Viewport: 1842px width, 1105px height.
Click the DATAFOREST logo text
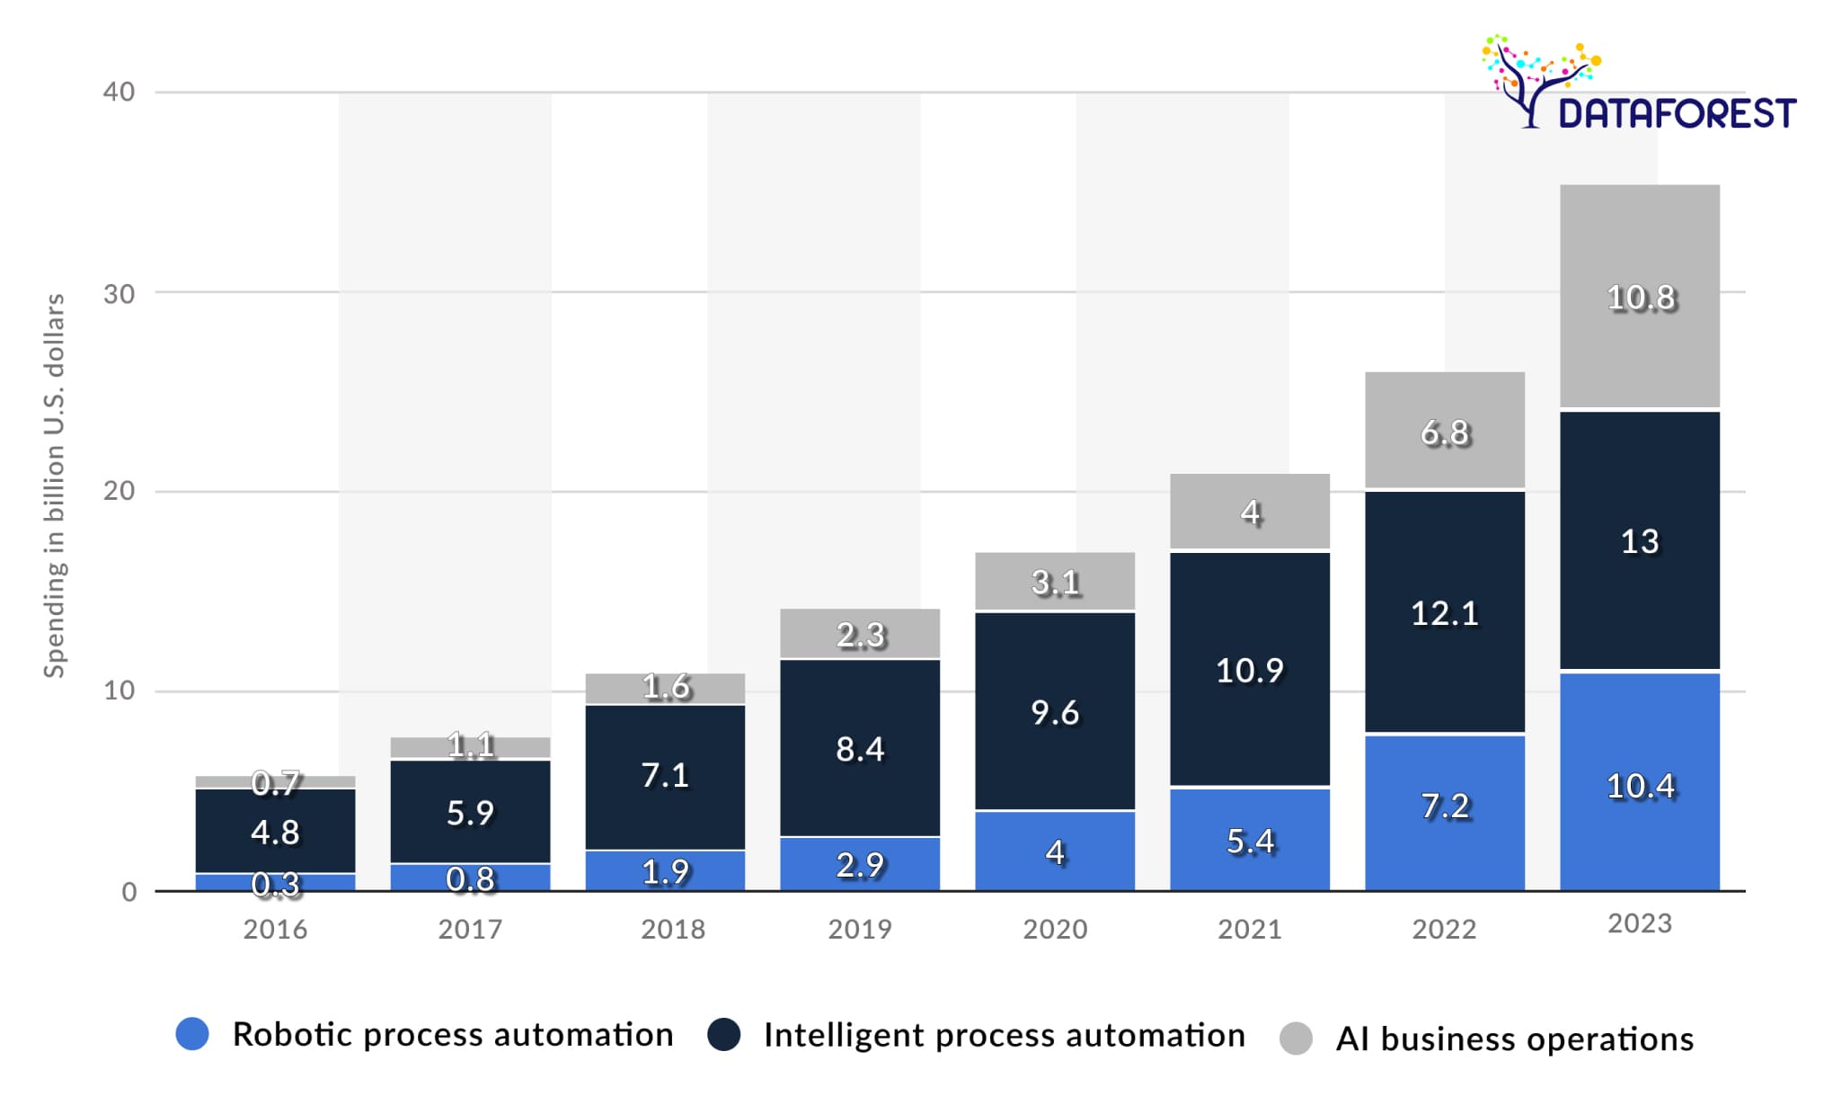pyautogui.click(x=1676, y=114)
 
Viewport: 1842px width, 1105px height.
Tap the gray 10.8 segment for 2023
pyautogui.click(x=1640, y=298)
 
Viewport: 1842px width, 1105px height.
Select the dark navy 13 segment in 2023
pyautogui.click(x=1640, y=541)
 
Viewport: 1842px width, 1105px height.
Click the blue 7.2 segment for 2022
pyautogui.click(x=1445, y=806)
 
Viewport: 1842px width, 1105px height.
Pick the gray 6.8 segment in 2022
pyautogui.click(x=1445, y=432)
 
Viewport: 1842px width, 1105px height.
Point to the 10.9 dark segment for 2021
pyautogui.click(x=1250, y=670)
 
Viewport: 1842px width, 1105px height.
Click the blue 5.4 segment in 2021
pyautogui.click(x=1250, y=841)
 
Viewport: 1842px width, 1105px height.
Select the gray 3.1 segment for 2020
pyautogui.click(x=1055, y=583)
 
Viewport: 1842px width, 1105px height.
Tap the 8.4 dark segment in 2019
pyautogui.click(x=860, y=748)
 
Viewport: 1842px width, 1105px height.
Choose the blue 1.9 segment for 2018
pyautogui.click(x=665, y=871)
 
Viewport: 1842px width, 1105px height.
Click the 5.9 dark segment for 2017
pyautogui.click(x=470, y=813)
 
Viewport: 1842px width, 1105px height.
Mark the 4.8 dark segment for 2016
pyautogui.click(x=275, y=832)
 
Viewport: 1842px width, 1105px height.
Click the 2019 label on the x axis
pyautogui.click(x=860, y=929)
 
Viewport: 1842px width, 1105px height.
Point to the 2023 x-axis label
pyautogui.click(x=1640, y=924)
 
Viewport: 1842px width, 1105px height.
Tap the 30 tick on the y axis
pyautogui.click(x=119, y=294)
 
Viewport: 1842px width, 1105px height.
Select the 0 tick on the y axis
pyautogui.click(x=129, y=892)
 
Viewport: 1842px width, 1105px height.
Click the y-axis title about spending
pyautogui.click(x=55, y=486)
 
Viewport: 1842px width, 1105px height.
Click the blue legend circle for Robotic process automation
pyautogui.click(x=192, y=1034)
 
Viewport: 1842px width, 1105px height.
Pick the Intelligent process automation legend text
pyautogui.click(x=1004, y=1036)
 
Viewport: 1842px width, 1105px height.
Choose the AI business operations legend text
pyautogui.click(x=1514, y=1039)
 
